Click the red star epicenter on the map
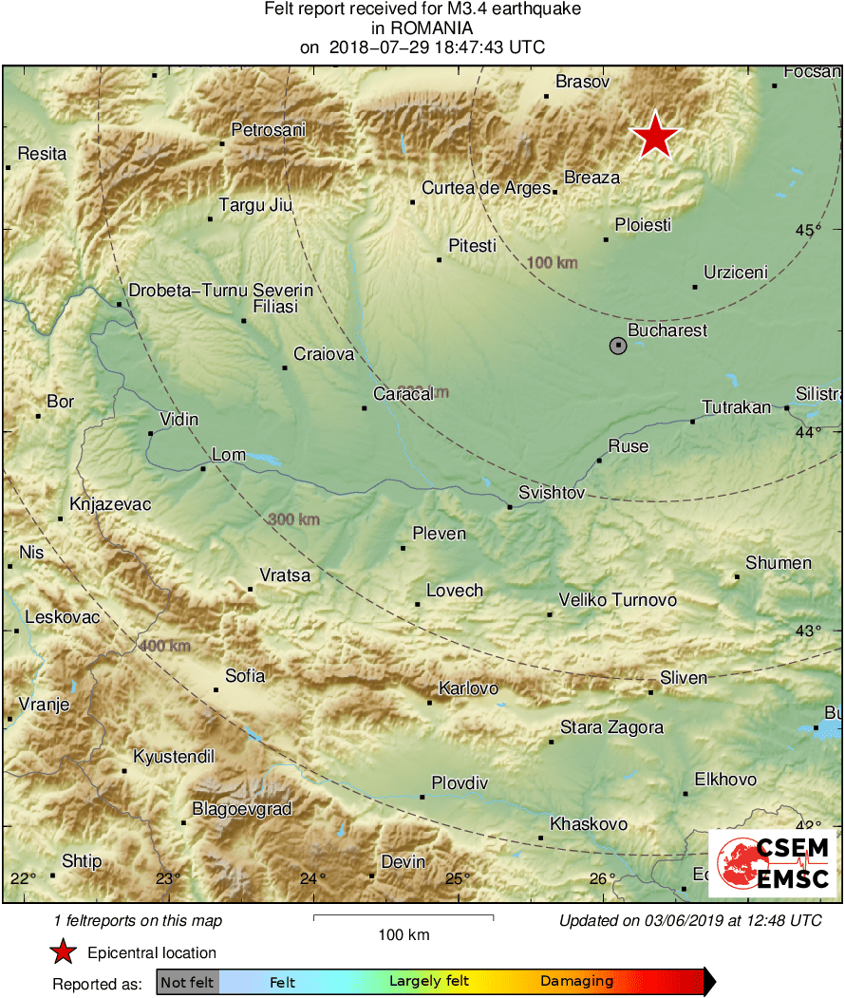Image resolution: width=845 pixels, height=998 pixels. point(655,136)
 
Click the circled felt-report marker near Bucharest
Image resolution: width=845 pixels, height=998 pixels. point(618,346)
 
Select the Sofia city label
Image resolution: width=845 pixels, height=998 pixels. point(244,676)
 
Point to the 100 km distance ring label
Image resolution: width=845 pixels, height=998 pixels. point(553,262)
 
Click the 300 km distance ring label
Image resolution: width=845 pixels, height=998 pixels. point(293,519)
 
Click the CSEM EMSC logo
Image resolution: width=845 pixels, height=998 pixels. point(773,862)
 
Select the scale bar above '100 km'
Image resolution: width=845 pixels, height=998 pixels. point(403,917)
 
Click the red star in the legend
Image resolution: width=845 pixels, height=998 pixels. point(63,952)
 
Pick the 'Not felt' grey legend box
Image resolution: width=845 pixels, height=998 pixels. point(187,982)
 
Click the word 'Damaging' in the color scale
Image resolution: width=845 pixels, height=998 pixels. point(577,982)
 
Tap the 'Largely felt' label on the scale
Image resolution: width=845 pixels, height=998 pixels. point(426,982)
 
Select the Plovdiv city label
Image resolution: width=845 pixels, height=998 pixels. point(460,783)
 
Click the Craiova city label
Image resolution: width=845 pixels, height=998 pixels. point(324,354)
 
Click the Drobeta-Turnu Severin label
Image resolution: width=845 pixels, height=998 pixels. point(220,290)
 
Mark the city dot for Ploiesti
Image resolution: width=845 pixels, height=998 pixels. point(606,239)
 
